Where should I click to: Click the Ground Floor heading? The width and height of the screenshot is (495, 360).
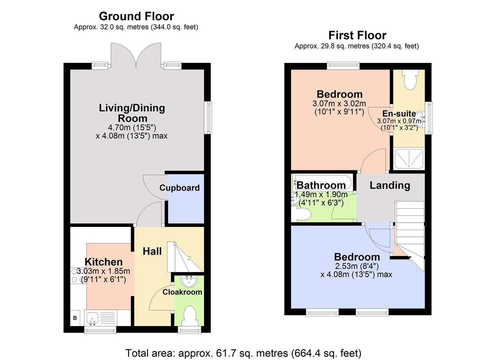tap(136, 16)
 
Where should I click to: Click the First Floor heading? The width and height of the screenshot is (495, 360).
tap(357, 35)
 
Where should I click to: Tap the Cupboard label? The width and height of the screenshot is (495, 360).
tap(179, 188)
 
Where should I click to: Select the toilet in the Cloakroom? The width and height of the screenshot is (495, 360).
tap(189, 315)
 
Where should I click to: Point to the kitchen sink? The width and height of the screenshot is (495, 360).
tap(92, 318)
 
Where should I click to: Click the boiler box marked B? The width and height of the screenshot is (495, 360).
tap(75, 318)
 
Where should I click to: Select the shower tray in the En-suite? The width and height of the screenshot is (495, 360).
tap(409, 159)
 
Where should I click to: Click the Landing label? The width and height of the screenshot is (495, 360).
tap(390, 185)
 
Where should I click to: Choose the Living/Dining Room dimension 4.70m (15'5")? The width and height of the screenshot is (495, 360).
tap(132, 127)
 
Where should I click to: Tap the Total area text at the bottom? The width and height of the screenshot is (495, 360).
tap(243, 353)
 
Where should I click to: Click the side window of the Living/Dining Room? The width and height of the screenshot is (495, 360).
tap(209, 118)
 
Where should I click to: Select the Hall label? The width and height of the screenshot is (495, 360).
tap(152, 251)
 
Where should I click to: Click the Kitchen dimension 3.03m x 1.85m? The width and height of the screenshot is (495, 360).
tap(103, 271)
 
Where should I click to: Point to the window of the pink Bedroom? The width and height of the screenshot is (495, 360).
tap(343, 66)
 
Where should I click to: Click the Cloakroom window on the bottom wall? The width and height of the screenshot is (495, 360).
tap(189, 330)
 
